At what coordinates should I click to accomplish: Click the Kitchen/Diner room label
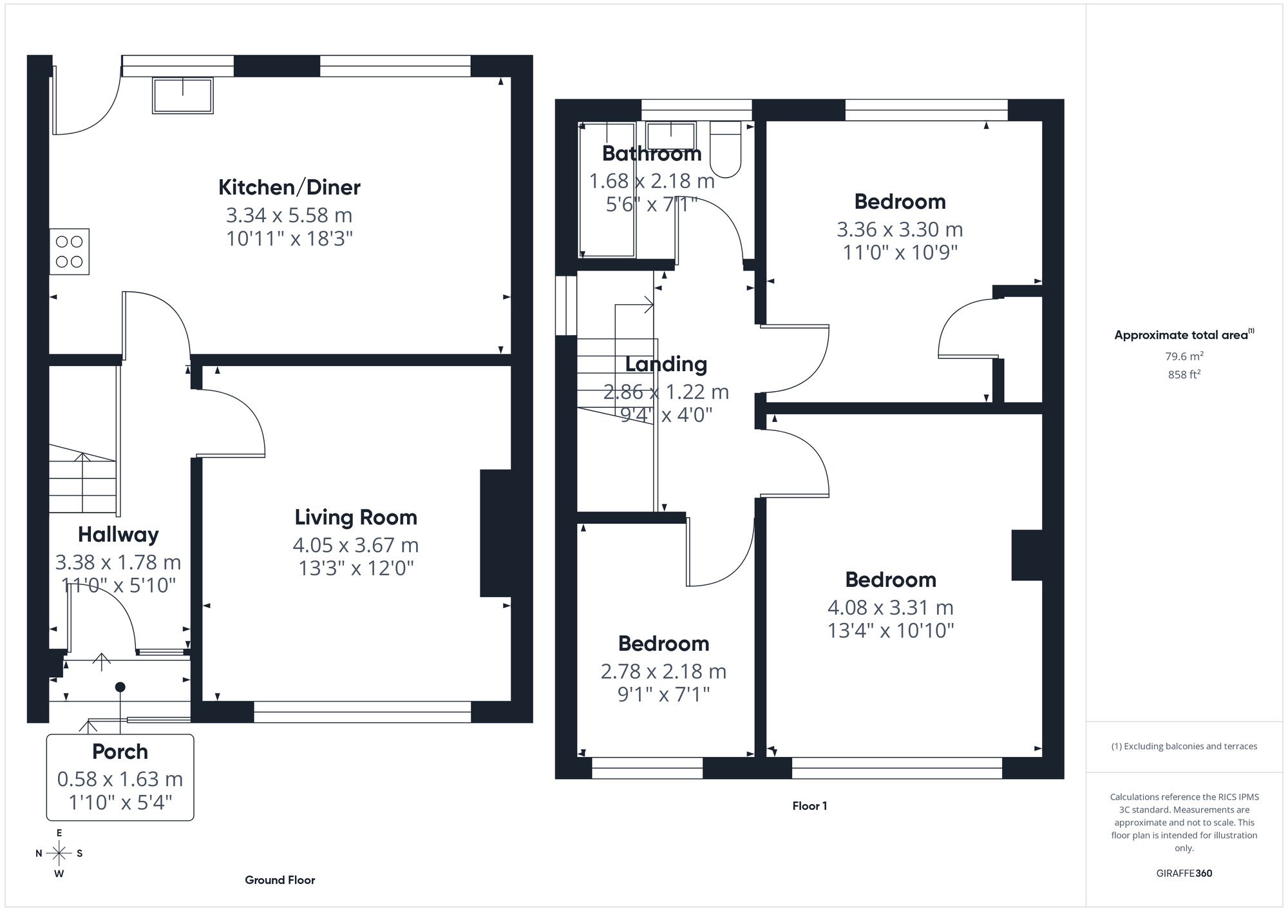tap(289, 187)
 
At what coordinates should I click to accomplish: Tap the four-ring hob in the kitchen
tap(69, 252)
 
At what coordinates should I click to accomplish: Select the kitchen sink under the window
tap(183, 95)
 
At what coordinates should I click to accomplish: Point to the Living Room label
tap(355, 517)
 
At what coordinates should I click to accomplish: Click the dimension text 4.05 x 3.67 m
tap(355, 545)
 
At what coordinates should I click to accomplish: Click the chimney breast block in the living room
tap(496, 533)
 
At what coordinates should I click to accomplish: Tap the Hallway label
tap(118, 535)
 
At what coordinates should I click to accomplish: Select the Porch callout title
tap(120, 752)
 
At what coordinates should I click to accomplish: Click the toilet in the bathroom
tap(726, 149)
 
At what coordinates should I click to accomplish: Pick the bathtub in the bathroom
tap(607, 190)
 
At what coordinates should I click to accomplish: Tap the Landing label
tap(666, 365)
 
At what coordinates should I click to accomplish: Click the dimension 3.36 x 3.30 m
tap(900, 229)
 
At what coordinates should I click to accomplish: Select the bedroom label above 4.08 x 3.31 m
tap(891, 580)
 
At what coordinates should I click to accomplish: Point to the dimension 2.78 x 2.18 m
tap(663, 671)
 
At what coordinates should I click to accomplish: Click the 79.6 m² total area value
tap(1184, 356)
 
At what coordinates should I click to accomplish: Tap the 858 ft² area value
tap(1184, 374)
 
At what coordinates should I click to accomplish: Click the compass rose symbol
tap(59, 854)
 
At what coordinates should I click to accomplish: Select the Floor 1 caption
tap(810, 806)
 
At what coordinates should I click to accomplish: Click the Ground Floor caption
tap(279, 880)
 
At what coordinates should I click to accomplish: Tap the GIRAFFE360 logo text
tap(1184, 874)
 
